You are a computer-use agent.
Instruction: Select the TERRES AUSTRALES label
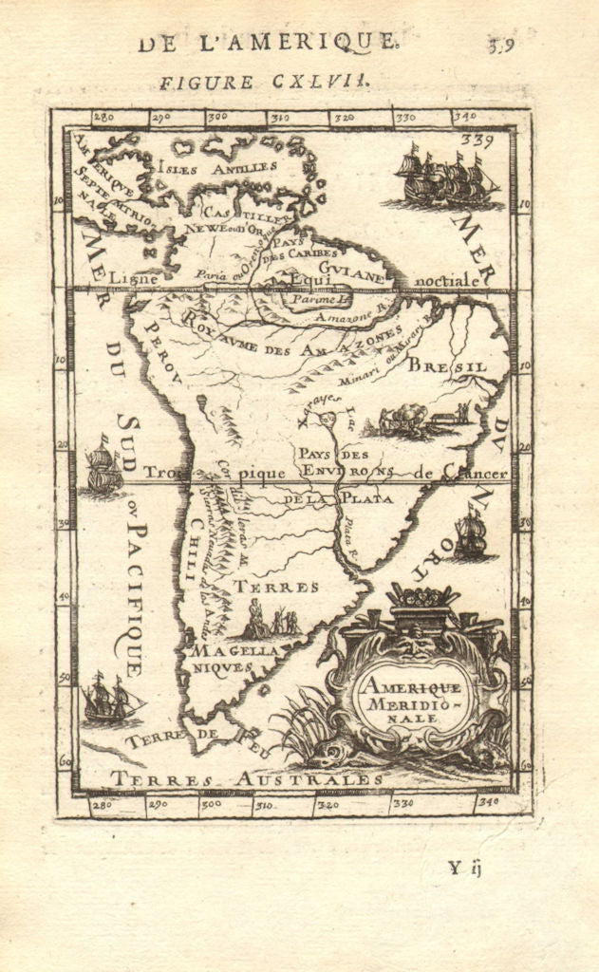click(x=246, y=779)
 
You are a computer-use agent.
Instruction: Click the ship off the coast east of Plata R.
click(x=470, y=535)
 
